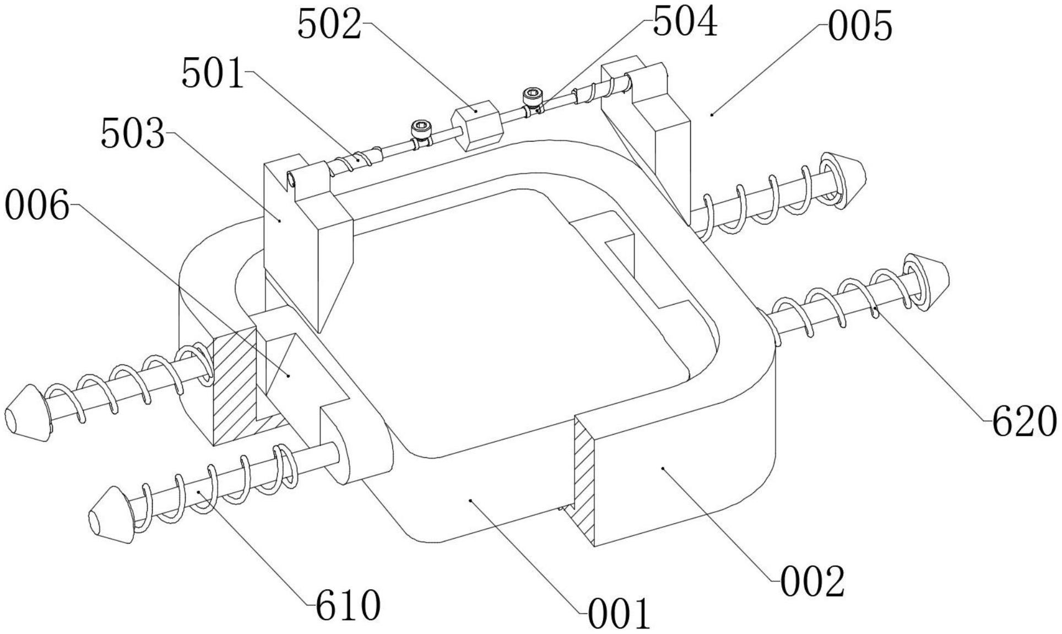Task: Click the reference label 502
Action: tap(329, 25)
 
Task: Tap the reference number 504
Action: tap(685, 23)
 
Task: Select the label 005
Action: tap(860, 26)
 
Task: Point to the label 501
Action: tap(213, 74)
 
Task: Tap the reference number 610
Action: tap(348, 605)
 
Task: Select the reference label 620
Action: tap(1024, 422)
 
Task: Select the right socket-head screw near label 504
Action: tap(533, 97)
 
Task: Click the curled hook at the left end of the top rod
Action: tap(292, 178)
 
